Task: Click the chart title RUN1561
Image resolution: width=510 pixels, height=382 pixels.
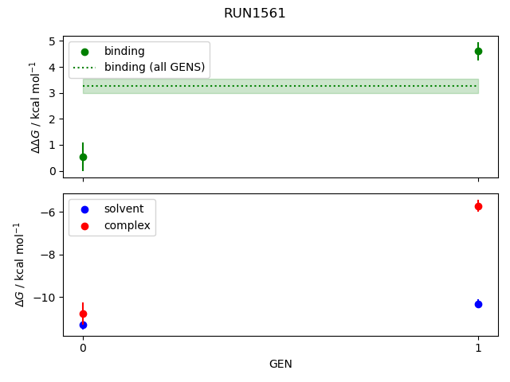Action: [x=255, y=14]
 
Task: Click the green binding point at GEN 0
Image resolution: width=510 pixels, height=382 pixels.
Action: [x=83, y=157]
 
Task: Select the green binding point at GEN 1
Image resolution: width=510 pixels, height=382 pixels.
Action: [x=478, y=51]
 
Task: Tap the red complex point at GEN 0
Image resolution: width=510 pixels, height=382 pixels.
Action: [x=83, y=314]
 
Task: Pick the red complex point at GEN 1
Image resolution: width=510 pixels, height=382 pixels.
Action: [x=478, y=206]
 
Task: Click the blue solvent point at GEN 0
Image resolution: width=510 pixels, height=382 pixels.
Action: [x=83, y=325]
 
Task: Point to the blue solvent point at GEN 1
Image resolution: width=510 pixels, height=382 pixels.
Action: [x=478, y=304]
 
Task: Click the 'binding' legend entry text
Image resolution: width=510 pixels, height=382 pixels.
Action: [x=124, y=51]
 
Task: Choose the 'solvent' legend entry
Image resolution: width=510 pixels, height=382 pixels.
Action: [x=124, y=209]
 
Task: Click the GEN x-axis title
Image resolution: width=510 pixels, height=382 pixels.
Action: [x=280, y=364]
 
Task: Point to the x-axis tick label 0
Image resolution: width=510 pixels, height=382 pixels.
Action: [x=83, y=348]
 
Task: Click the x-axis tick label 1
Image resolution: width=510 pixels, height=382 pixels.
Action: [x=478, y=348]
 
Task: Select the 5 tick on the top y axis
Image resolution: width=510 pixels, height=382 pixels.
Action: [x=53, y=41]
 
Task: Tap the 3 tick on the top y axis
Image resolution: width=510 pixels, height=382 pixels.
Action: [x=53, y=93]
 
